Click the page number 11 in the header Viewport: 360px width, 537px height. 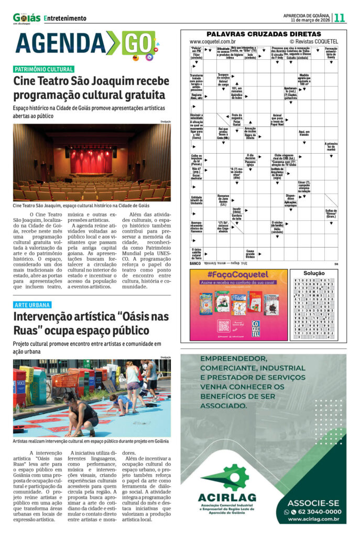pyautogui.click(x=340, y=17)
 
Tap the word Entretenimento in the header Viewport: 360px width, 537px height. pyautogui.click(x=65, y=18)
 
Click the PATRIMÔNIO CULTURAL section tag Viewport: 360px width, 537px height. pyautogui.click(x=44, y=69)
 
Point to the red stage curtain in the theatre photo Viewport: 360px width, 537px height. pyautogui.click(x=91, y=160)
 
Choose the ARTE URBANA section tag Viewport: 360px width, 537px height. pyautogui.click(x=32, y=305)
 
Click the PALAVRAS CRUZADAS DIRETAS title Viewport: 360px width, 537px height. pyautogui.click(x=264, y=33)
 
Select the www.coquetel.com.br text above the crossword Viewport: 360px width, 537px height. pyautogui.click(x=212, y=41)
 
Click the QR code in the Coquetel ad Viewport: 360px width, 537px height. pyautogui.click(x=224, y=326)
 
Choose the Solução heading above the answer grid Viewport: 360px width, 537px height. pyautogui.click(x=314, y=273)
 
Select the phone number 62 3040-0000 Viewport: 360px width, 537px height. pyautogui.click(x=315, y=511)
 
